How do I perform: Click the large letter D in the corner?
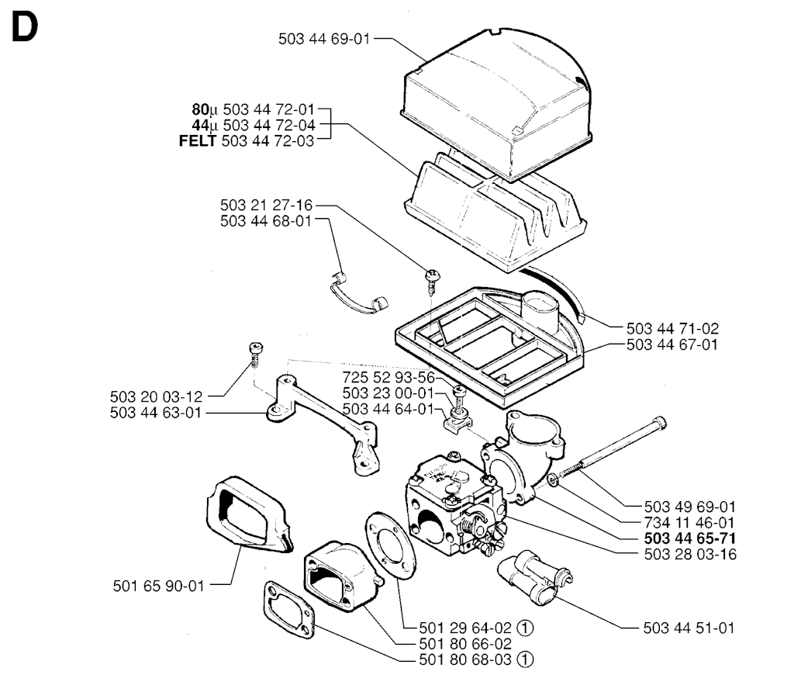click(24, 27)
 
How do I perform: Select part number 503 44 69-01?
click(325, 39)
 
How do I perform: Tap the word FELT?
click(198, 141)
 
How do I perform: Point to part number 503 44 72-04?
click(269, 125)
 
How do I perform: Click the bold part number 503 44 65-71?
click(690, 538)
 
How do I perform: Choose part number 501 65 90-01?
click(158, 586)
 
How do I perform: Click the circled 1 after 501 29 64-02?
click(526, 628)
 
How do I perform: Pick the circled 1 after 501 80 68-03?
click(526, 659)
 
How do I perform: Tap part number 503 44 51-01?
click(689, 628)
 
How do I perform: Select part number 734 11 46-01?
click(689, 522)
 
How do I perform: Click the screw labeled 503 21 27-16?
click(433, 282)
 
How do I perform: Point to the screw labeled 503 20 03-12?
click(257, 354)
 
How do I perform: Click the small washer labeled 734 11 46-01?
click(553, 479)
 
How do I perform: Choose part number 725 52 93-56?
click(388, 377)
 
